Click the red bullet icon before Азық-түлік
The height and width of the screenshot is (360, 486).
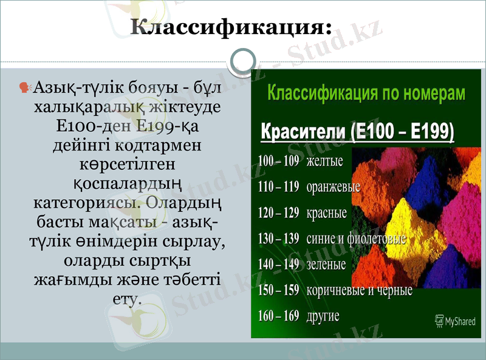click(26, 88)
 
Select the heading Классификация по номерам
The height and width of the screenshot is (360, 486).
click(367, 94)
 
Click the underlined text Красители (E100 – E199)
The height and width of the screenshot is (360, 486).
click(358, 132)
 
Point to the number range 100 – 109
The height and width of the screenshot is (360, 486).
click(278, 161)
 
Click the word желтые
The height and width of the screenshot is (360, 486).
click(325, 161)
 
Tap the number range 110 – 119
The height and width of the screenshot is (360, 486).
click(278, 187)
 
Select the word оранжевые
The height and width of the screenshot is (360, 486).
click(334, 187)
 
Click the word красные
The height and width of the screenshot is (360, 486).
click(327, 213)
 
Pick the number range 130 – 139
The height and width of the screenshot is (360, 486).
click(278, 239)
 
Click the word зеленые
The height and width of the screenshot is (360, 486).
click(326, 265)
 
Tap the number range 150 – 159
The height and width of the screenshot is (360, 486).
click(278, 290)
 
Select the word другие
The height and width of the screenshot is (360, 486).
click(323, 316)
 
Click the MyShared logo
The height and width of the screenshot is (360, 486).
click(455, 321)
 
